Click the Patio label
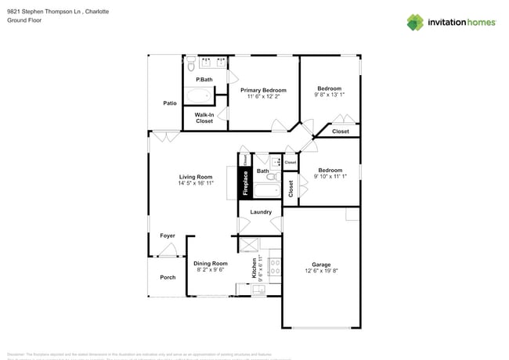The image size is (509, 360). click(169, 103)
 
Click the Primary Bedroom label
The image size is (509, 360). click(263, 90)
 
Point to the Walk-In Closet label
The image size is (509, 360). click(204, 118)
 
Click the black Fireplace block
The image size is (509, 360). click(244, 184)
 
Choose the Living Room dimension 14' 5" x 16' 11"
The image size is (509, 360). click(196, 183)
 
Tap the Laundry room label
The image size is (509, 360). click(261, 212)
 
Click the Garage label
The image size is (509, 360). click(321, 265)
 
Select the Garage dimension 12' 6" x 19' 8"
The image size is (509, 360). click(321, 272)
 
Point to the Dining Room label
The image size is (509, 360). click(210, 263)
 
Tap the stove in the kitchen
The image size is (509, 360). click(274, 267)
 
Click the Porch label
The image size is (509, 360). click(168, 277)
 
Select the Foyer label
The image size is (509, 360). click(168, 236)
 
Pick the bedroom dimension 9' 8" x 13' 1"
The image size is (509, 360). click(330, 94)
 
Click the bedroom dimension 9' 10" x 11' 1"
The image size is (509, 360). click(330, 177)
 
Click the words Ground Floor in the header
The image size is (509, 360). click(24, 20)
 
